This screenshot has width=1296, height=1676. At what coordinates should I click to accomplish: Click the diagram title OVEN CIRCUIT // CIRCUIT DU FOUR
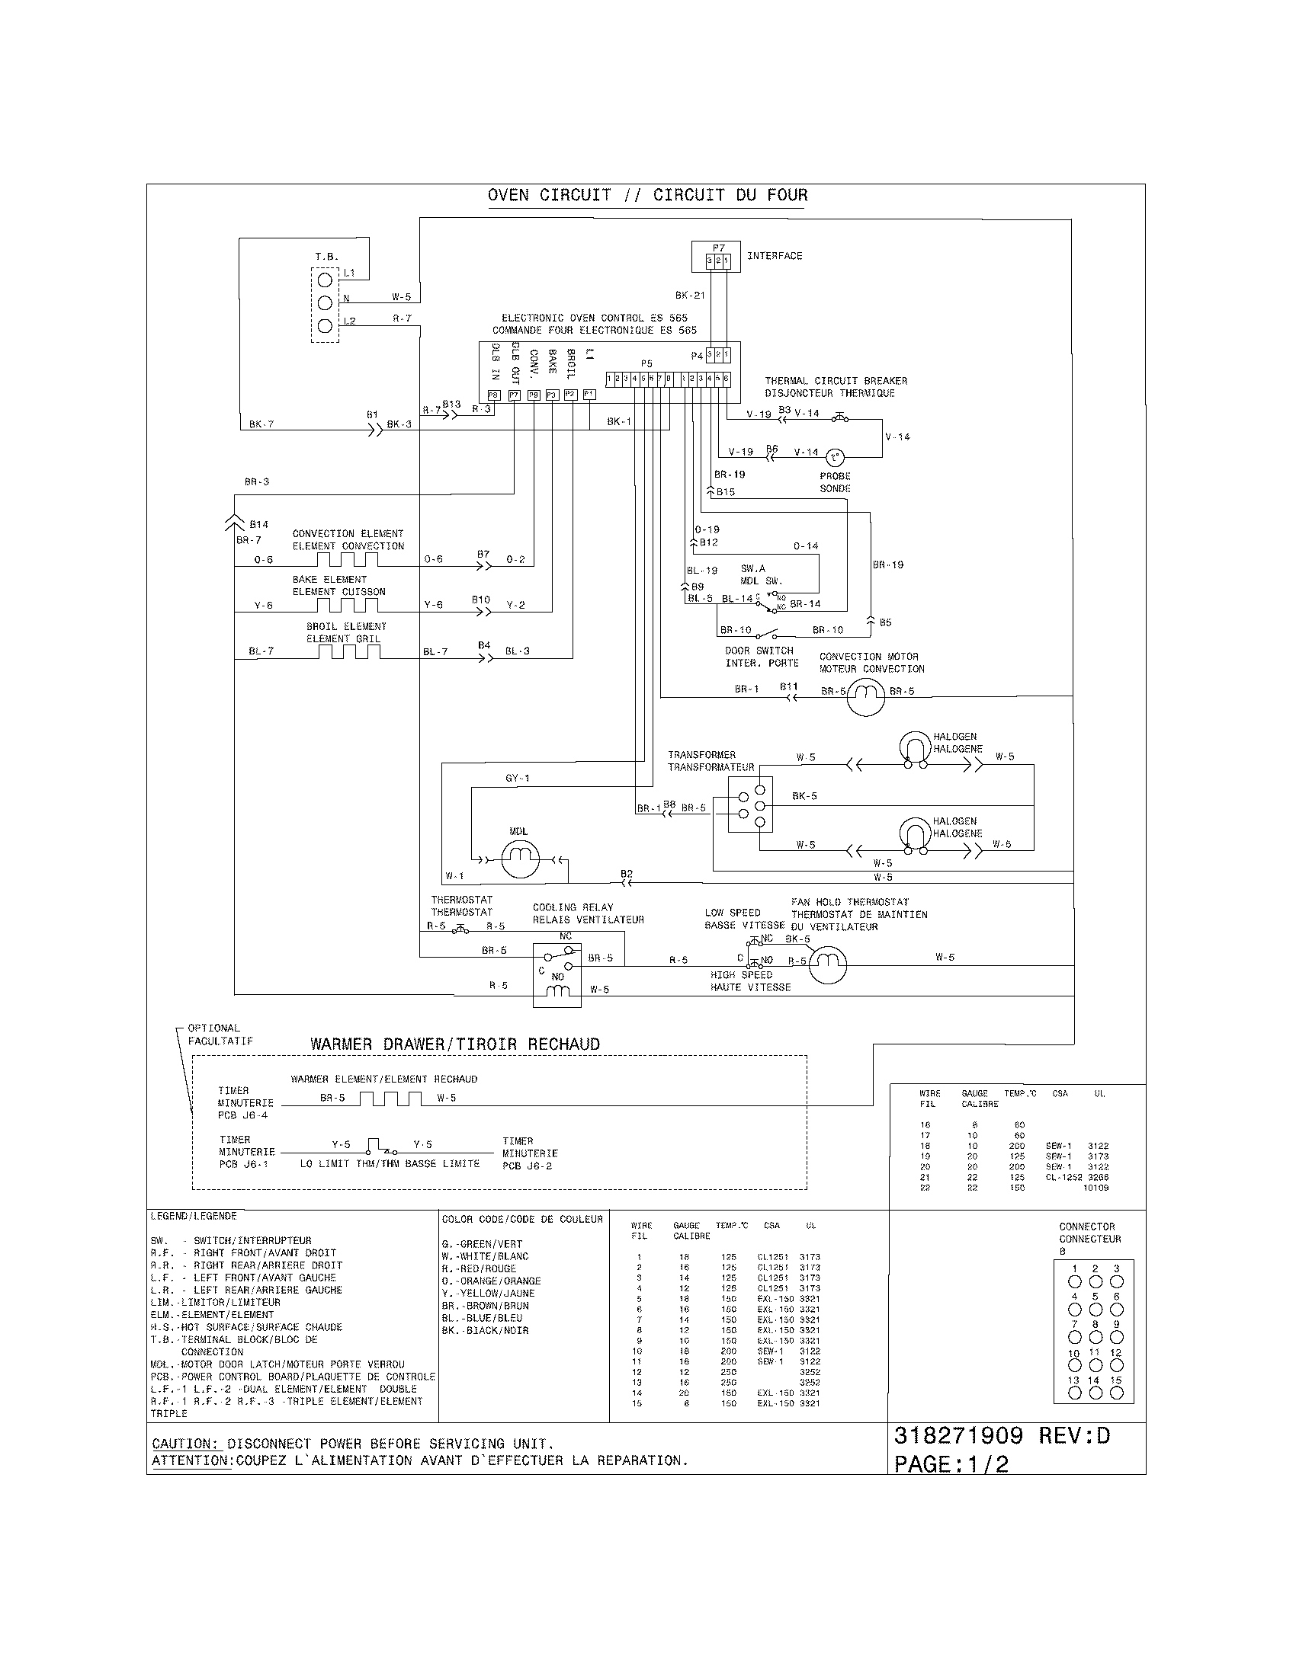[x=647, y=195]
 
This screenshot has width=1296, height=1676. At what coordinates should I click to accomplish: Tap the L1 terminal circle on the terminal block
[x=325, y=280]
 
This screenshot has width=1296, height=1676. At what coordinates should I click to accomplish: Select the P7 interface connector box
[x=716, y=257]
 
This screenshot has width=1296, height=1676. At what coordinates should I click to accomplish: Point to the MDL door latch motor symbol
[x=520, y=859]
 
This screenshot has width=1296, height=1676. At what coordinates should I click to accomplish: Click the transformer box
[x=750, y=804]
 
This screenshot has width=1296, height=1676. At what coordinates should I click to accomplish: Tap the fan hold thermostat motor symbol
[x=828, y=964]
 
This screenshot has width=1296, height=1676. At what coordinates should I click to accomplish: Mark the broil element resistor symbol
[x=350, y=651]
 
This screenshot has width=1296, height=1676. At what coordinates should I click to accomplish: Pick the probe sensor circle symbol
[x=836, y=458]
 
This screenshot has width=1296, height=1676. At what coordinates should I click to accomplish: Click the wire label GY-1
[x=517, y=778]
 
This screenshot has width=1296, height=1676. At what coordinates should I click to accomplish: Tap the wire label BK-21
[x=689, y=295]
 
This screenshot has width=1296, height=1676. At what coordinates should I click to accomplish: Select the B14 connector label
[x=258, y=525]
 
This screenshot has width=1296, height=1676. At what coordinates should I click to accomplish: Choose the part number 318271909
[x=958, y=1436]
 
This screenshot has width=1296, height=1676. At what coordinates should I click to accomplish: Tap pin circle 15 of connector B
[x=1116, y=1392]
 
